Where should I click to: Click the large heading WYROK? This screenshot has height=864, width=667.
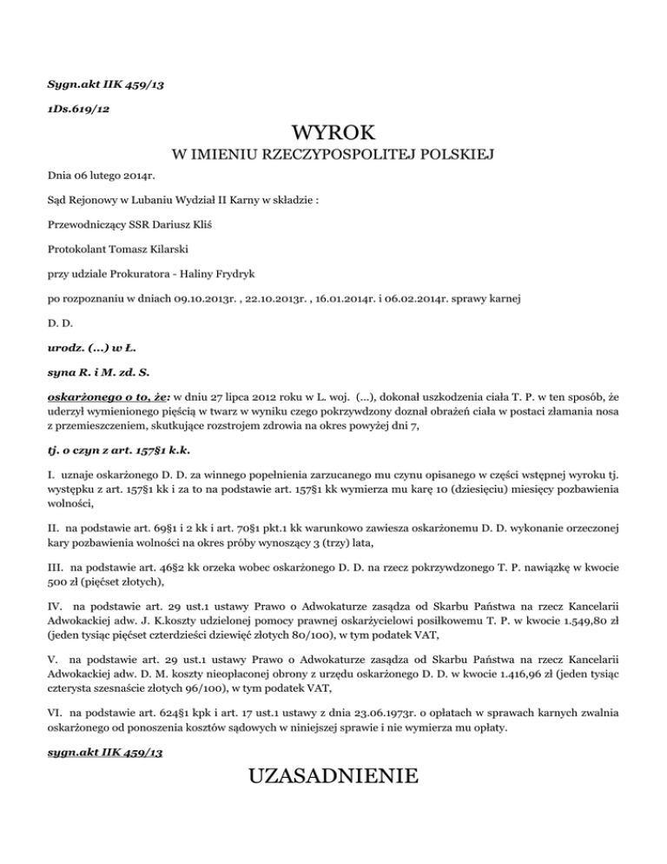[333, 133]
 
